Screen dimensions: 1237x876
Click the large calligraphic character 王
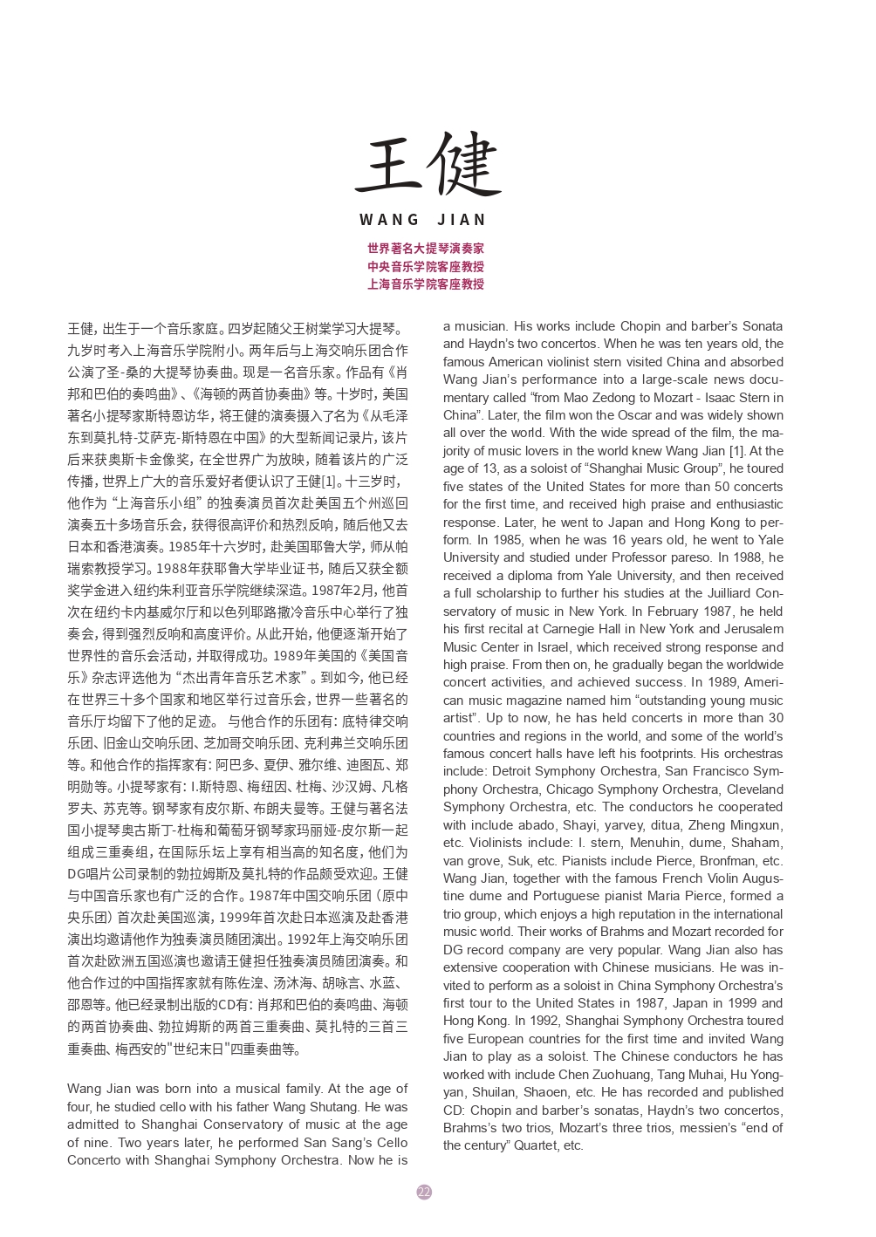(x=388, y=165)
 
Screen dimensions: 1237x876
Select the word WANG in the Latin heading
(x=389, y=220)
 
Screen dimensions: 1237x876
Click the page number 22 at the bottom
(x=424, y=1192)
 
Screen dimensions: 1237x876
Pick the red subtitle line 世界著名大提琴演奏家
(x=426, y=249)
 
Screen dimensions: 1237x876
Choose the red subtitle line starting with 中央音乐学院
(x=426, y=266)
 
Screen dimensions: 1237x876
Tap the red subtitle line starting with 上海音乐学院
(x=426, y=284)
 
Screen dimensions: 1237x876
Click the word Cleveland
(x=755, y=789)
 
